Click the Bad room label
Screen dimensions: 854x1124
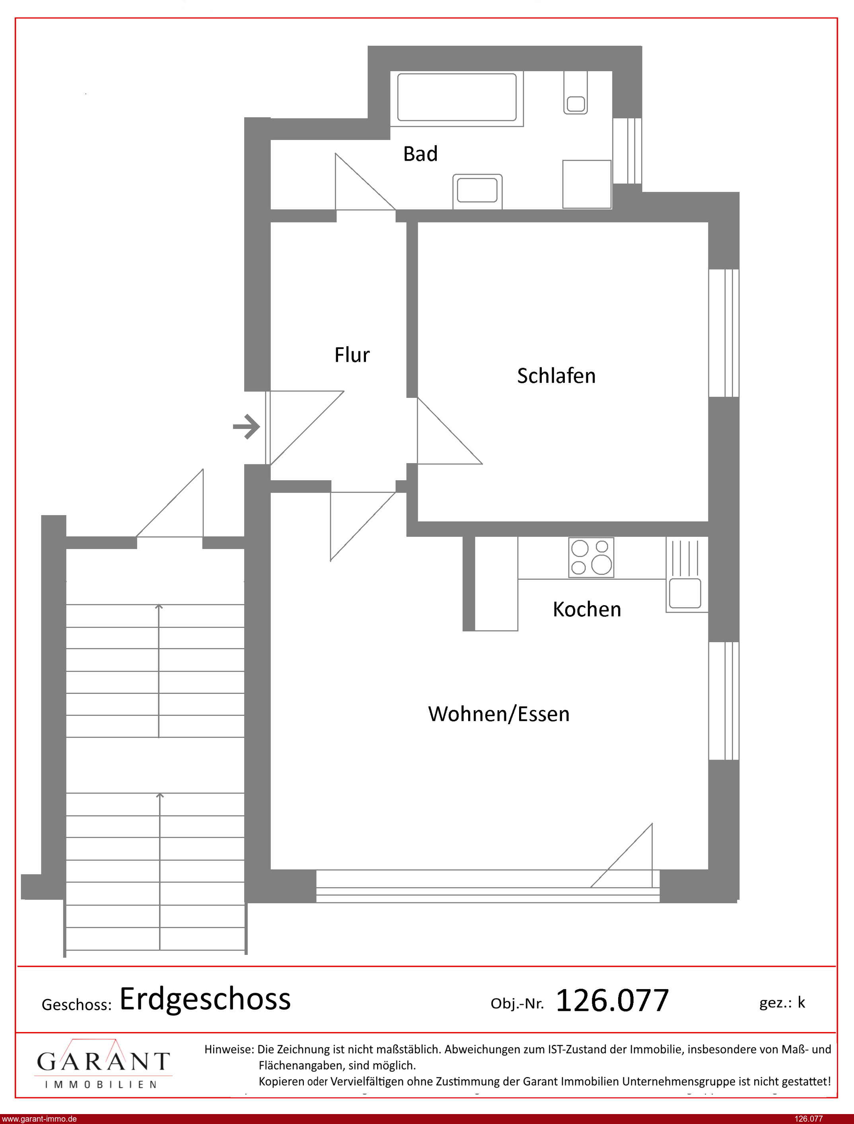[420, 154]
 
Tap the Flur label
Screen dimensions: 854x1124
[352, 355]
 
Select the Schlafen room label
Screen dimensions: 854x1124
[556, 376]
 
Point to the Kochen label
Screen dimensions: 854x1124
[587, 609]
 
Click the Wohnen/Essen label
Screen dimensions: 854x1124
[499, 714]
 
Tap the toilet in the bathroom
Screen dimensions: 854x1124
[576, 93]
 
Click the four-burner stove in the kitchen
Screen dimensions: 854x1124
[591, 558]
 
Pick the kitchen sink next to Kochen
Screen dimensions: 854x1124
[685, 593]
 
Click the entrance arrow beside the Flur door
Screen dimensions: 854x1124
[247, 427]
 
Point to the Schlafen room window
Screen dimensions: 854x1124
[724, 333]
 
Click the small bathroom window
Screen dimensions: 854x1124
[627, 150]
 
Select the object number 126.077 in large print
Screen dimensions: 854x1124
[612, 1001]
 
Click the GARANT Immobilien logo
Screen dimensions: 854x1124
[103, 1063]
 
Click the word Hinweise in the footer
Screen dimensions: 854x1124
[229, 1049]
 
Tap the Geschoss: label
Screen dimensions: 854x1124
[76, 1005]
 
